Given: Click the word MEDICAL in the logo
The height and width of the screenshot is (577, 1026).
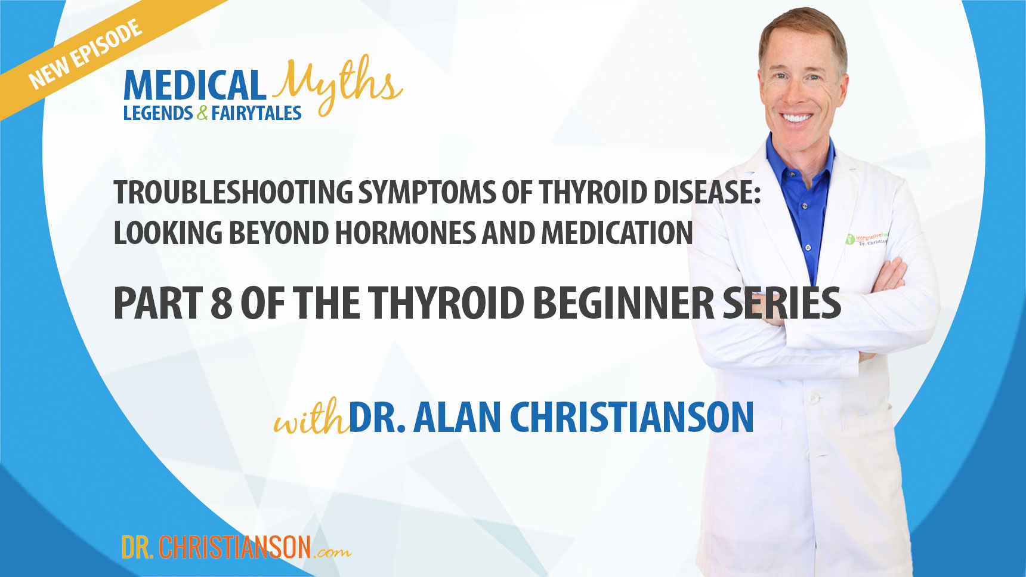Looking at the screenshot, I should click(x=194, y=85).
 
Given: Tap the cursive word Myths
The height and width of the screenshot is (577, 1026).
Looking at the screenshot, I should click(x=337, y=84).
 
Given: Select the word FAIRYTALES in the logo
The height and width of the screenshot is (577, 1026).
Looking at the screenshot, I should click(x=256, y=113).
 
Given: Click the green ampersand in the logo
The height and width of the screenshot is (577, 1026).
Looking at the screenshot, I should click(x=202, y=113).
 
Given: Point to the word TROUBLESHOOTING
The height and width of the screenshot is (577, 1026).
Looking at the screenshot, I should click(x=233, y=193).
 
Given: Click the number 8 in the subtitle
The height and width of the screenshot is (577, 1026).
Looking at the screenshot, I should click(x=221, y=303).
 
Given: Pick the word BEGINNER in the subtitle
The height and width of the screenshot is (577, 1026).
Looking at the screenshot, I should click(x=623, y=303).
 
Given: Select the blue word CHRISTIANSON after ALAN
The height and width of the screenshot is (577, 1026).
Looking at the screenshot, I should click(x=632, y=417).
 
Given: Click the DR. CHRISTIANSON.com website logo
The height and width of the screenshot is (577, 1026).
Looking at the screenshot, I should click(x=235, y=547).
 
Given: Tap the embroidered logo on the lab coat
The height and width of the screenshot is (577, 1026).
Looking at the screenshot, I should click(x=866, y=240).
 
